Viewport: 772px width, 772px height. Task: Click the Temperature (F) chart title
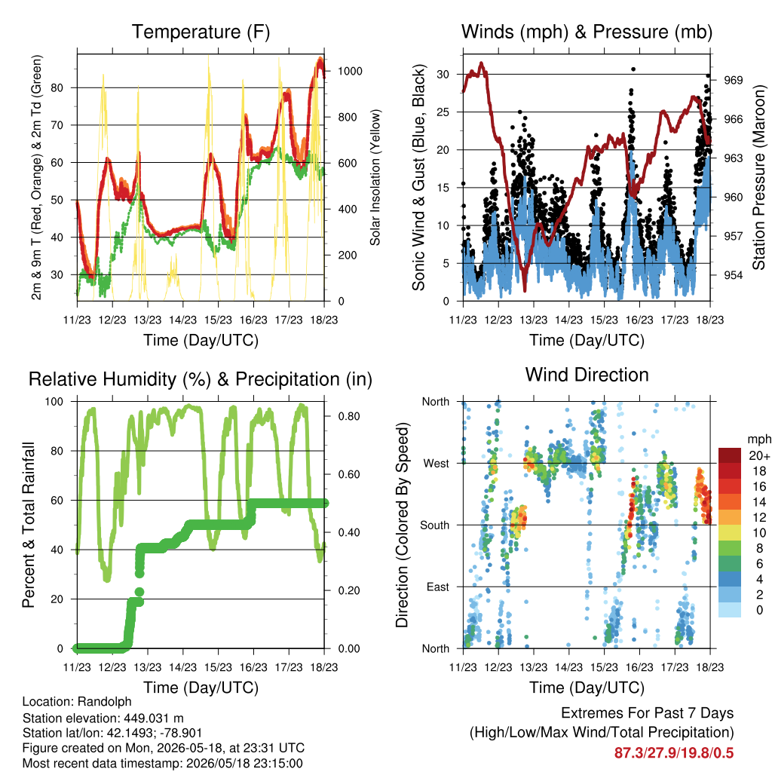point(201,32)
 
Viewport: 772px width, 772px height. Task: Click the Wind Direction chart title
point(587,375)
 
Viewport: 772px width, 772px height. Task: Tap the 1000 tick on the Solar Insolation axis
point(350,71)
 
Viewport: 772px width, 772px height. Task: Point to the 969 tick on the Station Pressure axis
point(733,80)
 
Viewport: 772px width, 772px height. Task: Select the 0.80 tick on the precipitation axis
point(349,416)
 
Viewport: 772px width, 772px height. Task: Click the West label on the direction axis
point(437,464)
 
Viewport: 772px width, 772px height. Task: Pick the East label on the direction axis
point(438,587)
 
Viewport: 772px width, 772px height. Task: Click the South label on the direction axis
point(435,525)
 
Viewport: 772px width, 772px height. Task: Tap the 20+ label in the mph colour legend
point(759,456)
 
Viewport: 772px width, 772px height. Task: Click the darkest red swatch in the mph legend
point(730,455)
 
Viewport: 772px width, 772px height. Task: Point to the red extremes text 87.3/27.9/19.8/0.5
point(674,753)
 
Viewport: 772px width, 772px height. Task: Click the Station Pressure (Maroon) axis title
point(758,177)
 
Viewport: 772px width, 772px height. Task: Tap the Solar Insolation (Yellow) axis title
point(375,177)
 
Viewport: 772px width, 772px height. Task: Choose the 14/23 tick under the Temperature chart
point(182,320)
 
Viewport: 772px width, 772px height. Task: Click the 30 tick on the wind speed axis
point(443,75)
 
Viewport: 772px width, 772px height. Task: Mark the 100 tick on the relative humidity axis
point(54,402)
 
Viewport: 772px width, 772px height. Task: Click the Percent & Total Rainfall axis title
point(29,525)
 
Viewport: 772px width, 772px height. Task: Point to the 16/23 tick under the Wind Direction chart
point(639,667)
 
